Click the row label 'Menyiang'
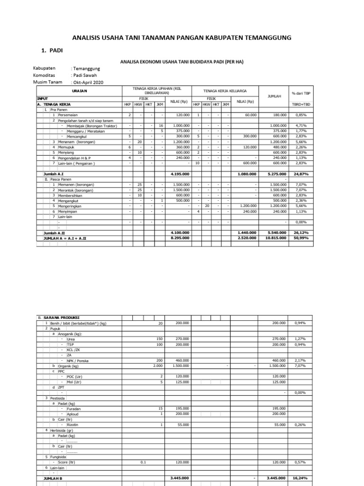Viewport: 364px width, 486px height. (x=68, y=152)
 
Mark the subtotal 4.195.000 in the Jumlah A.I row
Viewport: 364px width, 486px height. (x=179, y=174)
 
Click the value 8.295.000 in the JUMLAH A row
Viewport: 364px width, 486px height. (x=179, y=238)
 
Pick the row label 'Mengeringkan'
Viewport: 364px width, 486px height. (x=73, y=206)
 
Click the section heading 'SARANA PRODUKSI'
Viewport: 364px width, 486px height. (x=62, y=317)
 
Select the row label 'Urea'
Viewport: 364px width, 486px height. (x=71, y=339)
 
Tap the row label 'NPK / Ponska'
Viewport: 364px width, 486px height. (x=78, y=361)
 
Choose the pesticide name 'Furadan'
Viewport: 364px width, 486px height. (x=73, y=409)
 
